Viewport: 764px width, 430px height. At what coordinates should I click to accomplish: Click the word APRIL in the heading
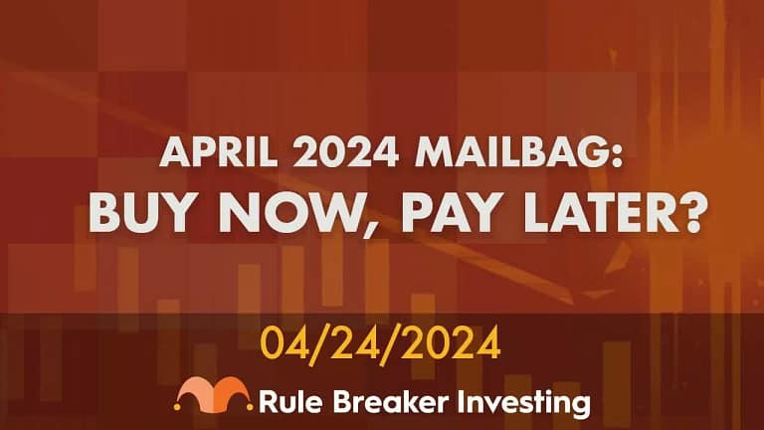tap(218, 151)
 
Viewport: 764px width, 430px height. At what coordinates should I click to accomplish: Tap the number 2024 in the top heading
tap(346, 151)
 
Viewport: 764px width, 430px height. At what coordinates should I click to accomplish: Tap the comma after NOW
tap(367, 229)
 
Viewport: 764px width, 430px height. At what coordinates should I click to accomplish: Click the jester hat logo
tap(214, 394)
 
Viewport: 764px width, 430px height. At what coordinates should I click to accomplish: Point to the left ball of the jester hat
tap(177, 406)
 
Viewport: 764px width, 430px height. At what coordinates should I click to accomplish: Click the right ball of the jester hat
tap(250, 406)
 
